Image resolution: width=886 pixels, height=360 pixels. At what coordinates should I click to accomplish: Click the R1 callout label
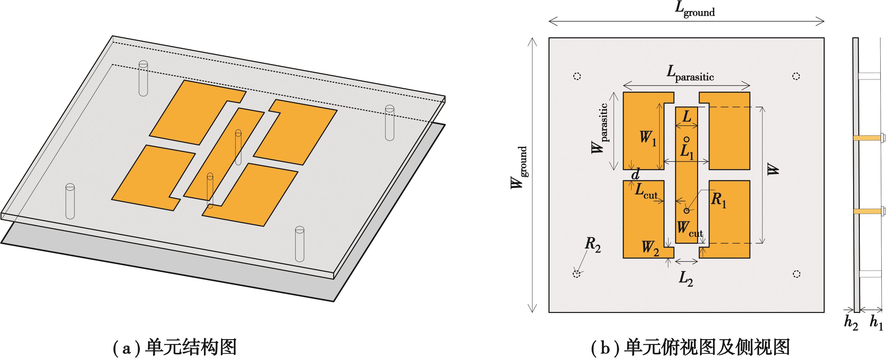[719, 200]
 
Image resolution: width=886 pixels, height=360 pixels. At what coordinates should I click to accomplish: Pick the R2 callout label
[593, 245]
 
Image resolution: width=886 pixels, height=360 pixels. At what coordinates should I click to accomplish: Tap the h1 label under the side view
[876, 323]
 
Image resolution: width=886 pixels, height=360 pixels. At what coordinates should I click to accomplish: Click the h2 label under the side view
[851, 323]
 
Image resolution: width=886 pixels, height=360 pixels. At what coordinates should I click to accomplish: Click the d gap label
[636, 175]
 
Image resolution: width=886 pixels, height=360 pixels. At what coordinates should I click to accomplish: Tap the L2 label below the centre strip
[686, 278]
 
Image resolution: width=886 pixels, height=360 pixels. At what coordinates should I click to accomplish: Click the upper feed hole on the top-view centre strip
[686, 140]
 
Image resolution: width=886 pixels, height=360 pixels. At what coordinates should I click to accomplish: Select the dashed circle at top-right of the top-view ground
[796, 76]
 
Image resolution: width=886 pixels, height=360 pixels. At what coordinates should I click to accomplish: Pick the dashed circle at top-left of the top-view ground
[577, 76]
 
